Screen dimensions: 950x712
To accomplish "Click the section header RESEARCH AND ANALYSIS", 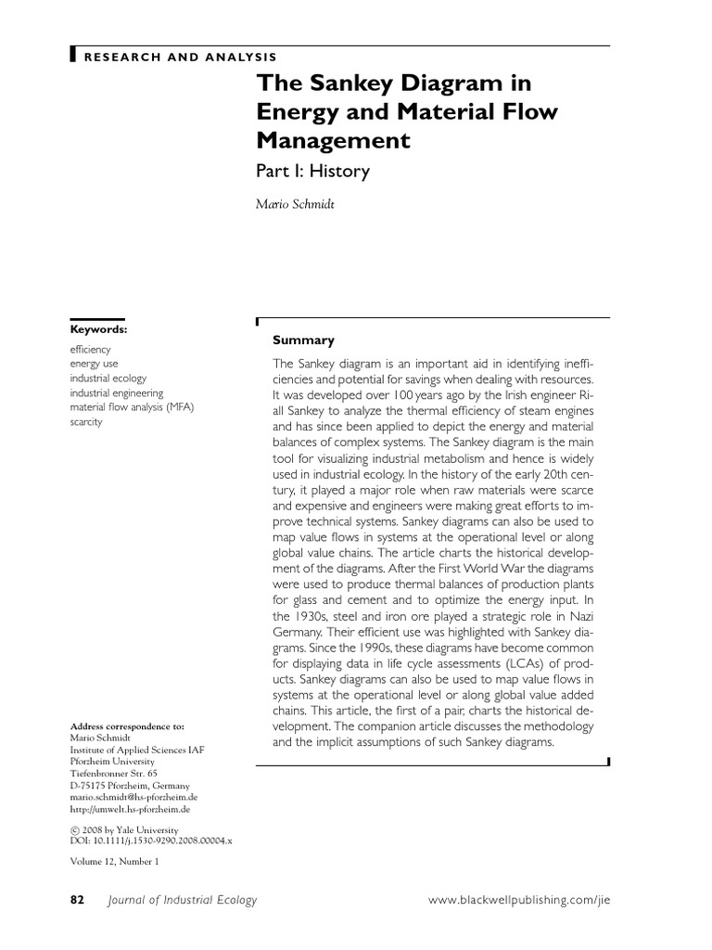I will [180, 57].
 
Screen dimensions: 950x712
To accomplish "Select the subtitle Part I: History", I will [312, 171].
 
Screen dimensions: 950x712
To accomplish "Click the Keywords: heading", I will [99, 328].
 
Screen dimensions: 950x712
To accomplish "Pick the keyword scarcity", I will [87, 422].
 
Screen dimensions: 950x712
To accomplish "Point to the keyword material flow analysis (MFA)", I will [133, 407].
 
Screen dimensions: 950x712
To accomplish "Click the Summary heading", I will [303, 340].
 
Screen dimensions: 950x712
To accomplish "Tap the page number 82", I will [78, 900].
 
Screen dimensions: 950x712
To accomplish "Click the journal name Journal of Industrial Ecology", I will [182, 900].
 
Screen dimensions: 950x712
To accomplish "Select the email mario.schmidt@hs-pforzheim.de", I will [134, 797].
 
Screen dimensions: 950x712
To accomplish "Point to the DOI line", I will [151, 840].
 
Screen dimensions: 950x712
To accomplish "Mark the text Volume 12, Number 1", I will [115, 862].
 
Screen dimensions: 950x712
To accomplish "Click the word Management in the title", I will [333, 140].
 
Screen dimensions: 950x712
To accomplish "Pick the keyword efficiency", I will [91, 350].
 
